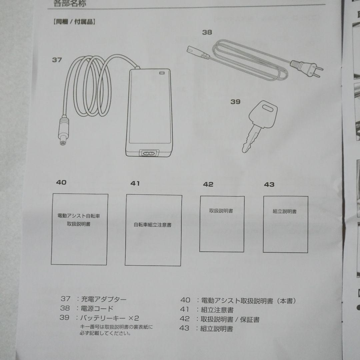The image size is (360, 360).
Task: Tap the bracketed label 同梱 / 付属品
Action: tap(73, 22)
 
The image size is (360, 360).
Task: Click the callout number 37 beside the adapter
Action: tap(57, 60)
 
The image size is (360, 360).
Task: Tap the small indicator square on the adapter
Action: tap(162, 73)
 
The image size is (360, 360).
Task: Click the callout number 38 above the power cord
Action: tap(207, 32)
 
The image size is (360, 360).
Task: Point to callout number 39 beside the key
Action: tap(235, 102)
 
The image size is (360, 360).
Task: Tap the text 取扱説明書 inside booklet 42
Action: tap(221, 211)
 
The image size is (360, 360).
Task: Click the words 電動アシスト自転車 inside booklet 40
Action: tap(79, 216)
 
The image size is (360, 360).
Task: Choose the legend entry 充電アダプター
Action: tap(104, 299)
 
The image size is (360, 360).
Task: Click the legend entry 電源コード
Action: tap(97, 309)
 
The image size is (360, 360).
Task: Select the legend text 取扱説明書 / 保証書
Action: tap(230, 319)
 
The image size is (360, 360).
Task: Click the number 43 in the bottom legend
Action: tap(184, 328)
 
